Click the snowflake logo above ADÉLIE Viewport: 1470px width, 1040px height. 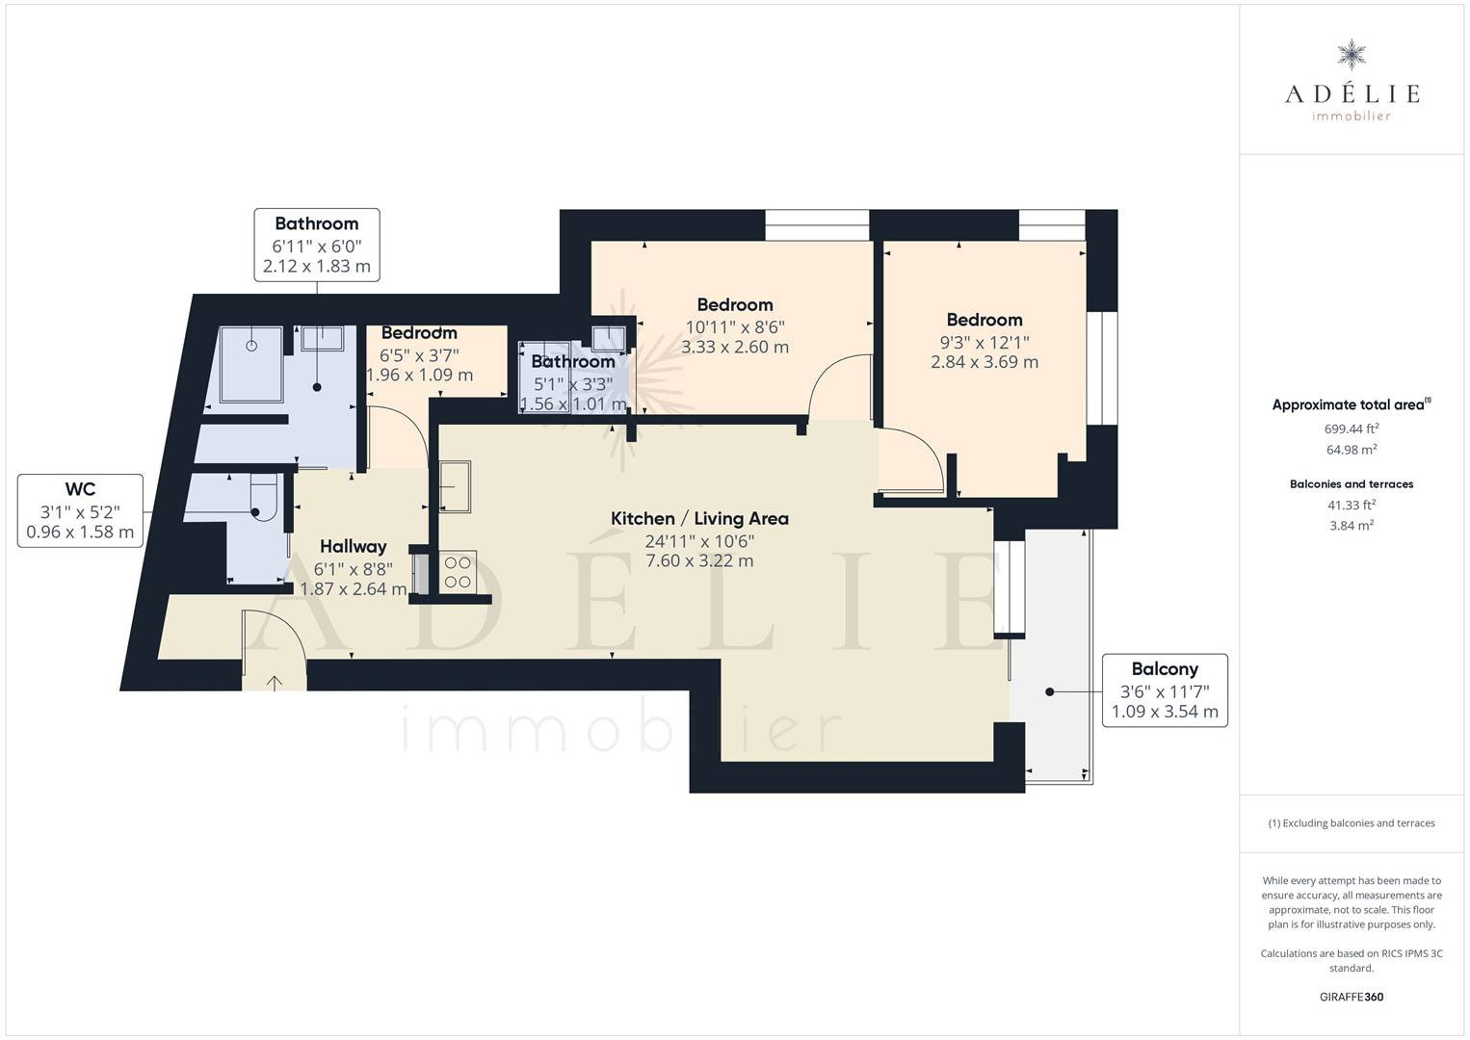click(x=1352, y=55)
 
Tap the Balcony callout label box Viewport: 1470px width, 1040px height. click(x=1165, y=690)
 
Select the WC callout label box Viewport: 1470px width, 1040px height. click(x=80, y=510)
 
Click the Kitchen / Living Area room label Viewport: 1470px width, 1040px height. click(x=699, y=518)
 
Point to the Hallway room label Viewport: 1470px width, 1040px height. click(x=354, y=547)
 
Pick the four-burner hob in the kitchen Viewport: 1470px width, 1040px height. click(x=458, y=572)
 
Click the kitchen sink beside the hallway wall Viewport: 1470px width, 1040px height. click(x=455, y=486)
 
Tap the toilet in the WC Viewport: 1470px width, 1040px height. click(x=265, y=502)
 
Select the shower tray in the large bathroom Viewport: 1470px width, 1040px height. click(x=252, y=364)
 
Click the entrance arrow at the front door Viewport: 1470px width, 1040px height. click(x=275, y=683)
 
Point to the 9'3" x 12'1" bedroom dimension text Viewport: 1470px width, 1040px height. click(x=984, y=343)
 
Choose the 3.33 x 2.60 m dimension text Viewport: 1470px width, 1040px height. click(x=735, y=347)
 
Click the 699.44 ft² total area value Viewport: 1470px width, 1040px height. click(x=1352, y=429)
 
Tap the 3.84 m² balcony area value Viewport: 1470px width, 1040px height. click(x=1352, y=525)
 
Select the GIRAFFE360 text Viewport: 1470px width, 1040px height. click(x=1352, y=997)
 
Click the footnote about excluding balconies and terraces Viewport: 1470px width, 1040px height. click(x=1352, y=822)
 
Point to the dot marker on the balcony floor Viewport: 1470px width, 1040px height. click(x=1049, y=691)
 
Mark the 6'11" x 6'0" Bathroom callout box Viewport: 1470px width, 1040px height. click(x=317, y=245)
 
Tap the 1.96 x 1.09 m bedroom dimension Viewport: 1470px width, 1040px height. click(x=419, y=375)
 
